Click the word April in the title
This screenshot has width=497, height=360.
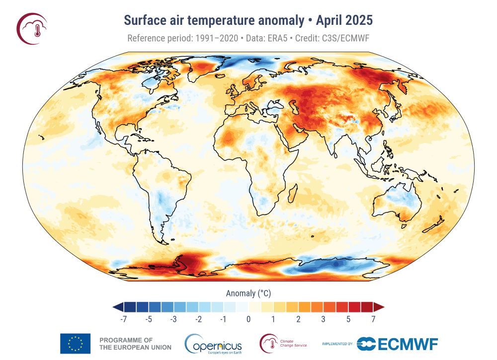328,21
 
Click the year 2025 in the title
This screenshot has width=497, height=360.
358,21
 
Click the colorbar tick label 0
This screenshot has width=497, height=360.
248,319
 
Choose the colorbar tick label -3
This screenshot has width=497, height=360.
173,319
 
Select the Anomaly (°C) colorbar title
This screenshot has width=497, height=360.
248,293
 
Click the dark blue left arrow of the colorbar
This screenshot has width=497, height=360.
118,306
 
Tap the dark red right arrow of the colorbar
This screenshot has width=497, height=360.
379,306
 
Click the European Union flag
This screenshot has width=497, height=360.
75,343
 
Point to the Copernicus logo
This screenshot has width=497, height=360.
213,344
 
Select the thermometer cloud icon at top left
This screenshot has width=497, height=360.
32,28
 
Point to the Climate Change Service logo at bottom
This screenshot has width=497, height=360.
283,343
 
